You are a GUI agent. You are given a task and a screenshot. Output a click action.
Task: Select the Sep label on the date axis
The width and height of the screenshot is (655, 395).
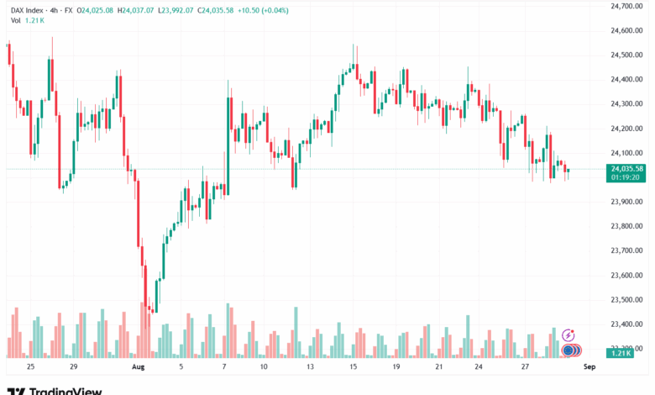[x=589, y=367]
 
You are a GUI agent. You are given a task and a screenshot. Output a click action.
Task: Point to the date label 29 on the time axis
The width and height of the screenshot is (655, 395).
[x=74, y=367]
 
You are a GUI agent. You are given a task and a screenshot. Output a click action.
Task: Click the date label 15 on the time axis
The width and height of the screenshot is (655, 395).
[x=354, y=367]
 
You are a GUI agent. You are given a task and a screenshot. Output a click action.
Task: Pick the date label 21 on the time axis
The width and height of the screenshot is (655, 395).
[x=439, y=367]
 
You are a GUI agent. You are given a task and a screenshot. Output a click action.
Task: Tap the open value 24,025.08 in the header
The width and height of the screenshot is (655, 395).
[x=97, y=10]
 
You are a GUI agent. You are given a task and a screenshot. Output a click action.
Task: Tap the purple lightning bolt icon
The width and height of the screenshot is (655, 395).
[x=568, y=335]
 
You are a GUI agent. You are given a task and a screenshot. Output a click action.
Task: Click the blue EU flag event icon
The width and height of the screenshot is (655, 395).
[x=569, y=350]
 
